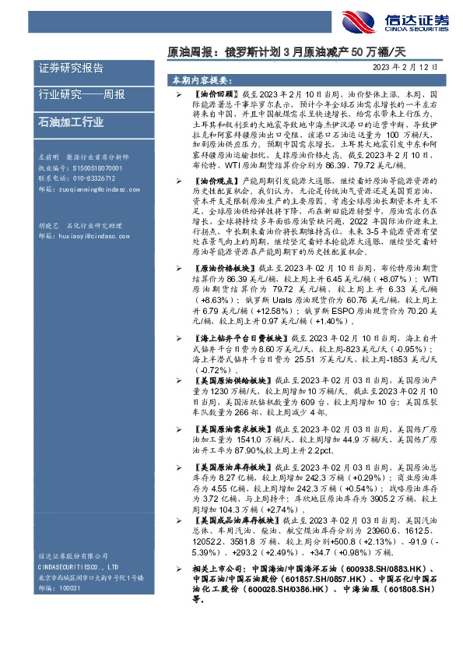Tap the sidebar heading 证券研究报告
pyautogui.click(x=70, y=69)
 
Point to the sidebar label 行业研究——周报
pyautogui.click(x=82, y=96)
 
